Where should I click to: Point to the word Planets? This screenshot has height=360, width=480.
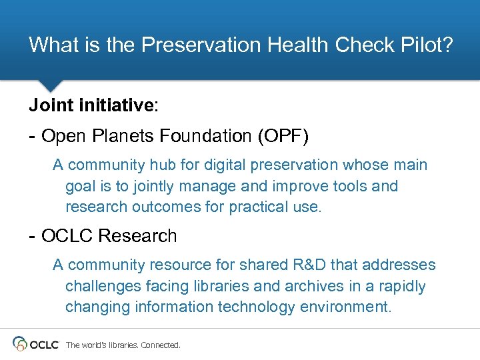pos(125,137)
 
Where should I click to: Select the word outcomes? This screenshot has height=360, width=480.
pos(166,207)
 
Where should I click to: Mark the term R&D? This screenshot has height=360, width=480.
pos(309,265)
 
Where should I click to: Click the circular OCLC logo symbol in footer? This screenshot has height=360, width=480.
pos(21,344)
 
